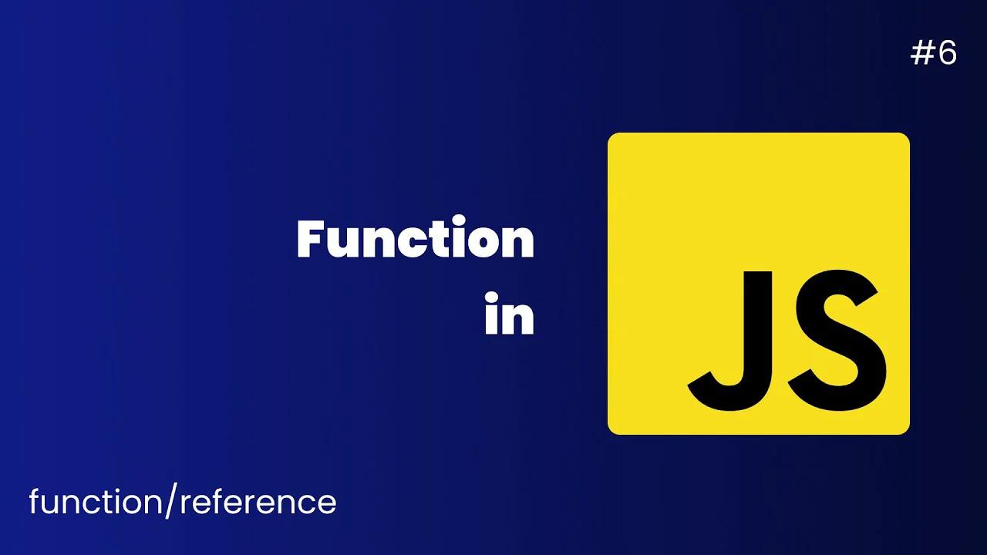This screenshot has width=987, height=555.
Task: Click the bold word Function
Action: tap(415, 240)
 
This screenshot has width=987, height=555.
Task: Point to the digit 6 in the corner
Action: tap(948, 53)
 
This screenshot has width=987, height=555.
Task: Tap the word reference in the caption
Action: tap(258, 502)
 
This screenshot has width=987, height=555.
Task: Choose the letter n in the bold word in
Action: tap(518, 317)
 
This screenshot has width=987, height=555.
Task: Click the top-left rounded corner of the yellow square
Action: tap(613, 138)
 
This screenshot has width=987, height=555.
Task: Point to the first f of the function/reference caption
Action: tap(35, 502)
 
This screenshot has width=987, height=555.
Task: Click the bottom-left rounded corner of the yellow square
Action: tap(613, 429)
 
